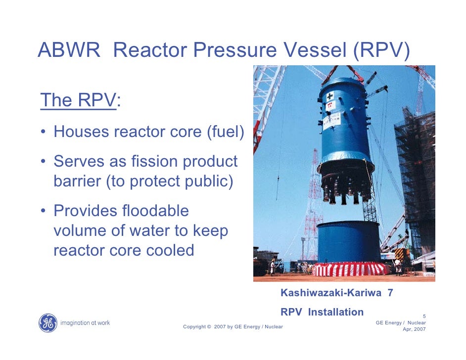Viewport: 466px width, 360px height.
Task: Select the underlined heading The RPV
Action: tap(78, 100)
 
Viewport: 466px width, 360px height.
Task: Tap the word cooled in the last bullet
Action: tap(170, 250)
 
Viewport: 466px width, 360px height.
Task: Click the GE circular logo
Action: tap(47, 322)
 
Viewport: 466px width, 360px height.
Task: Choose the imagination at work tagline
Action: tap(85, 323)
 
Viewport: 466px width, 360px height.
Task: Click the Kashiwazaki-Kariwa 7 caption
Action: tap(337, 293)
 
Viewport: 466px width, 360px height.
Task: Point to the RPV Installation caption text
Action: tap(322, 312)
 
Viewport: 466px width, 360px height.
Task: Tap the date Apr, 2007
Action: tap(414, 329)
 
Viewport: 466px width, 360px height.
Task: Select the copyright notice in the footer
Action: tap(233, 326)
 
